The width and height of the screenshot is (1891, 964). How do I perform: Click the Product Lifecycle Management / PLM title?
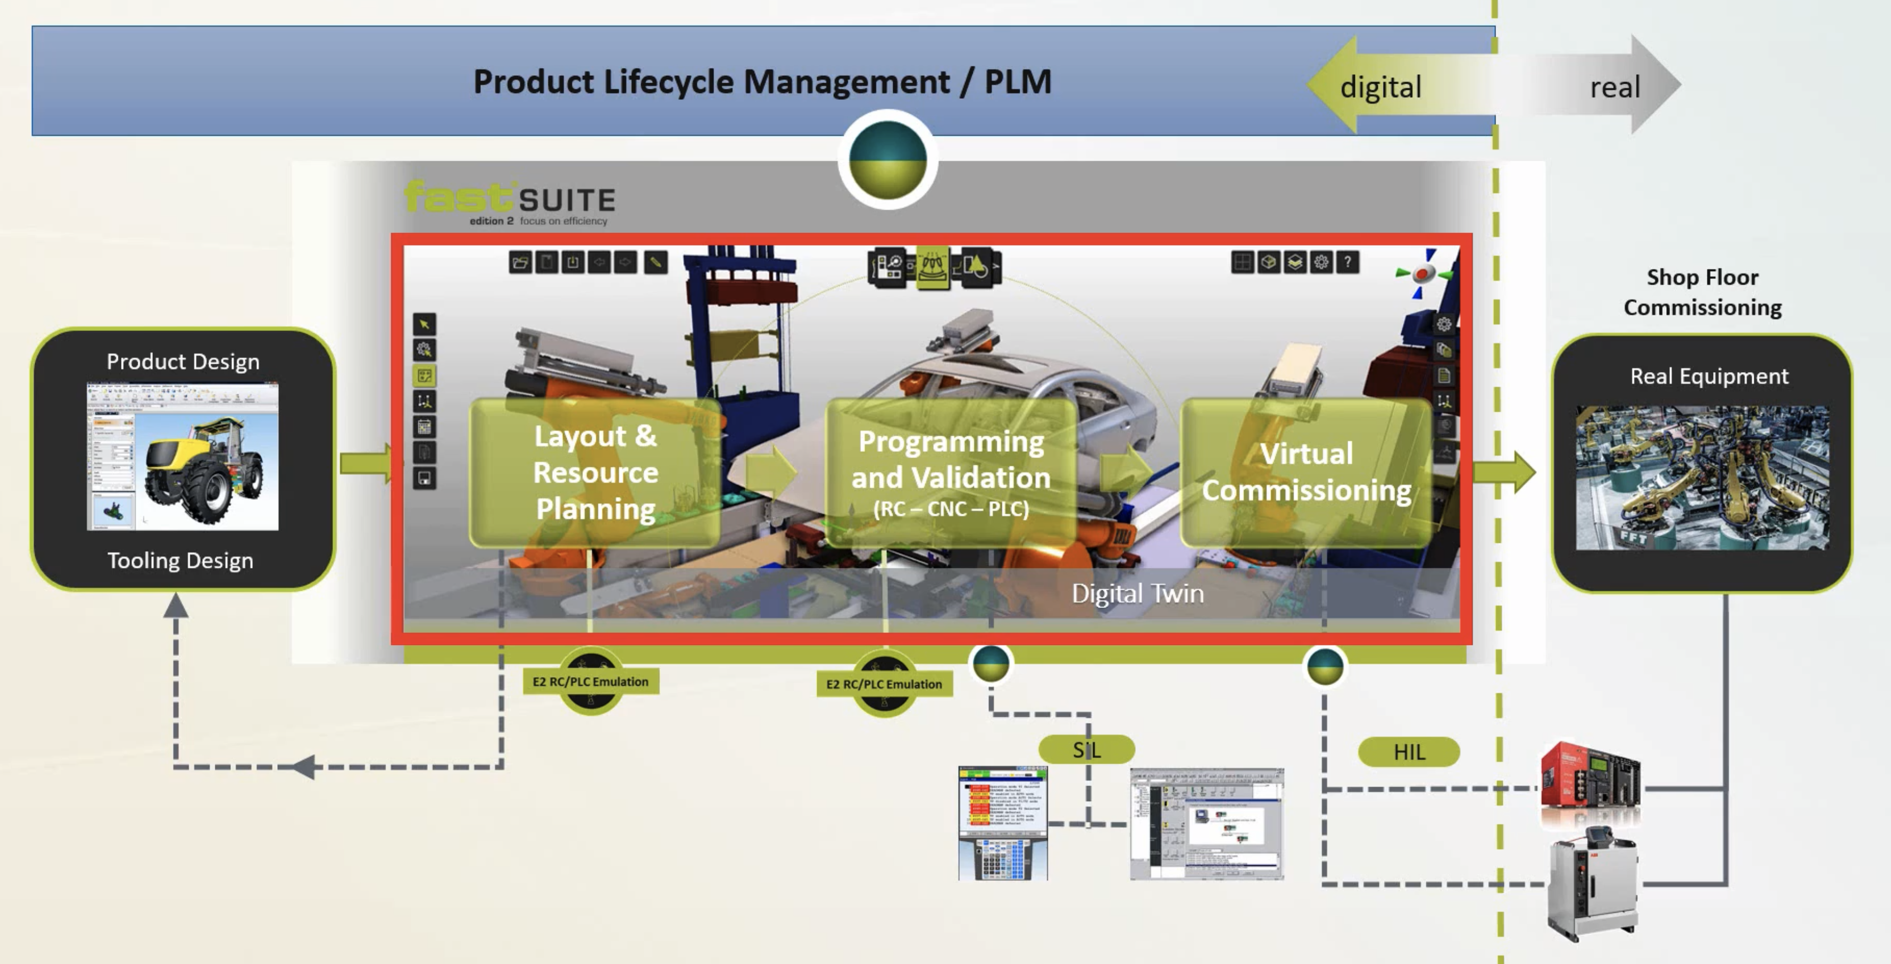pos(762,81)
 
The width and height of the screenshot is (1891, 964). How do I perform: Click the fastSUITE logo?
pos(509,202)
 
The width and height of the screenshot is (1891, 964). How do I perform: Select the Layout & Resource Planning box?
pos(595,472)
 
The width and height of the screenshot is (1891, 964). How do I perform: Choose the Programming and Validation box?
pos(951,472)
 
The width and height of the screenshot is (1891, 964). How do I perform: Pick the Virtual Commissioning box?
pos(1306,472)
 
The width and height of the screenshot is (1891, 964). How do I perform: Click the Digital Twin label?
pos(1137,593)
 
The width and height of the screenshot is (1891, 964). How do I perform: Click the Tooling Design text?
pos(181,561)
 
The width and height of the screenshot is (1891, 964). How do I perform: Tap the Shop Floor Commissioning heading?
pos(1702,292)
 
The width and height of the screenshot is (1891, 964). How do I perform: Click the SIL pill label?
pos(1087,750)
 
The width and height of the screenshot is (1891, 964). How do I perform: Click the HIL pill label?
pos(1408,753)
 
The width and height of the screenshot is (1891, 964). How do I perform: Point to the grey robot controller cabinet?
pos(1591,885)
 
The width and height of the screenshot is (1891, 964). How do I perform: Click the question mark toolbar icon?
pos(1347,262)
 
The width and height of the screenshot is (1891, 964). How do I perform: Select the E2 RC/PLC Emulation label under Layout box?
pos(590,681)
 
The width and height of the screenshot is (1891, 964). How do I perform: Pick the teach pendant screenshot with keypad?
pos(1003,822)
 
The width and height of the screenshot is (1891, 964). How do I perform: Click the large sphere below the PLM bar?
pos(887,160)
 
